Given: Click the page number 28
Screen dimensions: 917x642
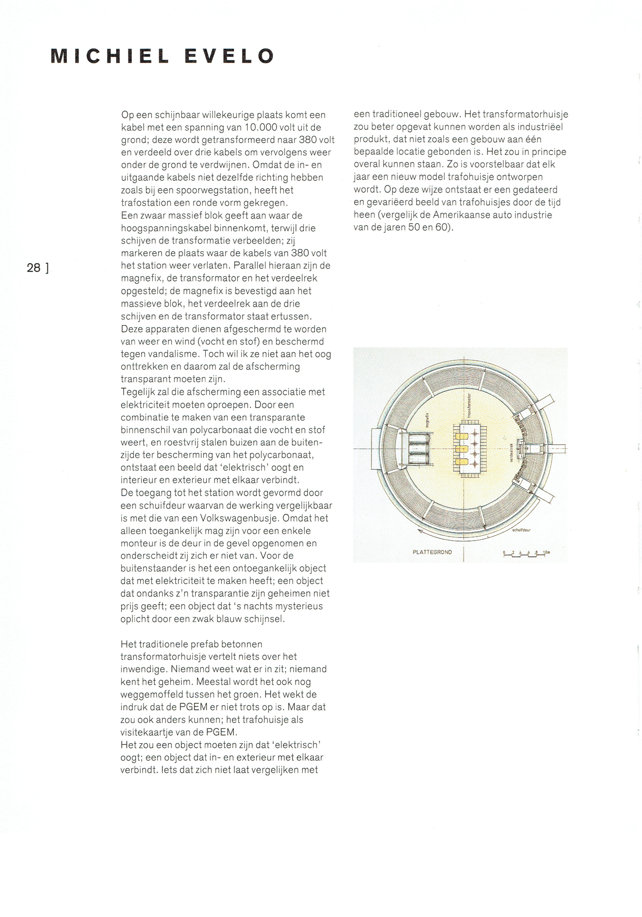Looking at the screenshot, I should click(x=34, y=267).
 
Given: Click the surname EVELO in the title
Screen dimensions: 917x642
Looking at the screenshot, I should click(x=229, y=56).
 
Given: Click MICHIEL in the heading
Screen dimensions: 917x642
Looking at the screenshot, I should click(x=110, y=56).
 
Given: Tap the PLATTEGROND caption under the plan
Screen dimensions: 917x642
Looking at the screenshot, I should click(x=432, y=552).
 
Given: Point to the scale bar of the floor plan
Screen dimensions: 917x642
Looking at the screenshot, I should click(x=526, y=553).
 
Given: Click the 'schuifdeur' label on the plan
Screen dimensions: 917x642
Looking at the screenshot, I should click(x=521, y=530).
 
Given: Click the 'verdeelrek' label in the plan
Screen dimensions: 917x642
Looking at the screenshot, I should click(x=511, y=451).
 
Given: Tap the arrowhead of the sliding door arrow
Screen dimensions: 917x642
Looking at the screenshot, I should click(x=420, y=531).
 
